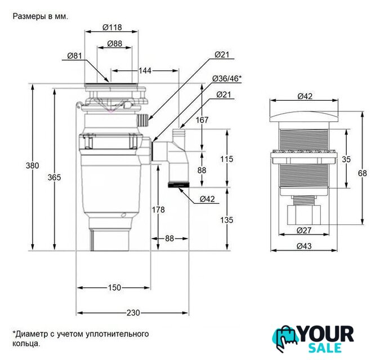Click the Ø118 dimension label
pyautogui.click(x=112, y=27)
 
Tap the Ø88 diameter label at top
pyautogui.click(x=115, y=44)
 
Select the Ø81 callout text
pyautogui.click(x=75, y=56)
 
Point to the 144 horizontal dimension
pyautogui.click(x=145, y=71)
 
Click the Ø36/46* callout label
pyautogui.click(x=227, y=79)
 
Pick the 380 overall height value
pyautogui.click(x=33, y=165)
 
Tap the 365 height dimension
pyautogui.click(x=54, y=177)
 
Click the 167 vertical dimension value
pyautogui.click(x=202, y=120)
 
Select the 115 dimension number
pyautogui.click(x=226, y=159)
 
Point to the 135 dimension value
pyautogui.click(x=226, y=220)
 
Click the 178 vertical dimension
pyautogui.click(x=158, y=210)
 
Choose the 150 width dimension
pyautogui.click(x=114, y=287)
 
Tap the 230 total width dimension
pyautogui.click(x=133, y=313)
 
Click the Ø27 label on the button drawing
pyautogui.click(x=304, y=231)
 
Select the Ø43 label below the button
pyautogui.click(x=304, y=246)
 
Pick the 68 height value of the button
pyautogui.click(x=362, y=173)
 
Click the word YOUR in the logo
pyautogui.click(x=326, y=334)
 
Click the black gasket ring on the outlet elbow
pyautogui.click(x=178, y=184)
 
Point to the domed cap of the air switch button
pyautogui.click(x=304, y=116)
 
